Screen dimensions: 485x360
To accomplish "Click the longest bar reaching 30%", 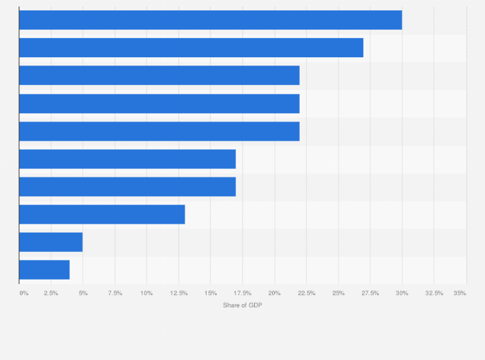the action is [x=210, y=20].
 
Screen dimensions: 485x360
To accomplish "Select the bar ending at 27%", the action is [x=191, y=48].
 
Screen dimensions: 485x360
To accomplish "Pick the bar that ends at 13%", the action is [x=102, y=215].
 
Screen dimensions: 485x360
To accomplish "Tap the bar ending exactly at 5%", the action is [x=51, y=242].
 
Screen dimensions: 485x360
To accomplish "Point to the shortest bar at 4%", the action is [x=44, y=270].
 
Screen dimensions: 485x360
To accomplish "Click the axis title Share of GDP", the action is [x=243, y=305].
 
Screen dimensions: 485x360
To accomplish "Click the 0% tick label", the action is [x=24, y=293].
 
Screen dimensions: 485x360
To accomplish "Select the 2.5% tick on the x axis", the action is [x=51, y=293].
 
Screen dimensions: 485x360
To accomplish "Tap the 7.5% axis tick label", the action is [x=115, y=293].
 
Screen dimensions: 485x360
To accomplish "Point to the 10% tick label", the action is [x=147, y=293].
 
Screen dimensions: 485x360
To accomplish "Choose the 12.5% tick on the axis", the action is [x=179, y=293].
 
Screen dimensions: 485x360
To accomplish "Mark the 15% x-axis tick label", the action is [x=210, y=293].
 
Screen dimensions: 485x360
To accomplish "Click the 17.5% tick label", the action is [x=243, y=293].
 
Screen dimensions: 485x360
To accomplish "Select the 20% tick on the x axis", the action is [x=275, y=293].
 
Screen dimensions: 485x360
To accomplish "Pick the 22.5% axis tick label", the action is [x=307, y=293].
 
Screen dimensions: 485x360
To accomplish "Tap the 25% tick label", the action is [x=338, y=293].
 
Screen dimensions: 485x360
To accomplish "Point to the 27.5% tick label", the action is [x=371, y=293].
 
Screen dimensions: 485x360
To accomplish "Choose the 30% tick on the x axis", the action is [x=402, y=293].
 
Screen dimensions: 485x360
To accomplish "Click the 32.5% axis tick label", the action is [x=434, y=293].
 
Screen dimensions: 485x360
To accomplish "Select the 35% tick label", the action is [x=460, y=293].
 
